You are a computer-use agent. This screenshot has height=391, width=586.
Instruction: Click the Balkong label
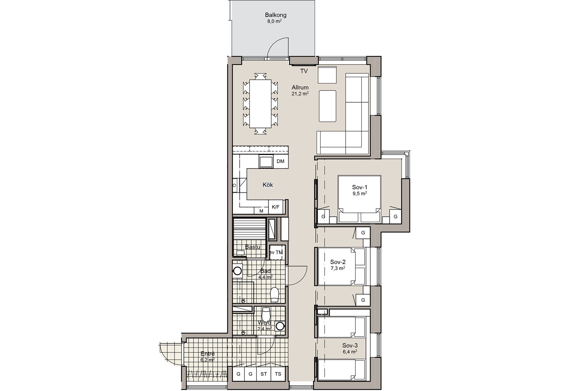point(276,15)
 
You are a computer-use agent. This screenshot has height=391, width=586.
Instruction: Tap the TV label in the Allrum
point(304,71)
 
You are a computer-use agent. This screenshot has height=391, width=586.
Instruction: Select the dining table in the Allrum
point(260,104)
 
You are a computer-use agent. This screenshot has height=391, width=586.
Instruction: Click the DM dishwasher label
point(280,161)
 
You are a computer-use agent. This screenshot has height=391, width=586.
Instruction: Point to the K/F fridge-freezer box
point(276,207)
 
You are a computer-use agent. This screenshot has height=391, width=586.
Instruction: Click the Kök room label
point(268,185)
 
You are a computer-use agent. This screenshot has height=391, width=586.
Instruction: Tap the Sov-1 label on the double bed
point(360,187)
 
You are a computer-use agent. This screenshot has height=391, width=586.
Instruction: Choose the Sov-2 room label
point(338,262)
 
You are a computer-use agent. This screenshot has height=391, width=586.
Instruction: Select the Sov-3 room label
point(350,345)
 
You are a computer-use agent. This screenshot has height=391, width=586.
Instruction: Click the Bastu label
point(253,247)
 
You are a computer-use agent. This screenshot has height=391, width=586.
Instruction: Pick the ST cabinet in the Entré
point(264,374)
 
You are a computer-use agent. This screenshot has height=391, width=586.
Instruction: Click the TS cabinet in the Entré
point(278,374)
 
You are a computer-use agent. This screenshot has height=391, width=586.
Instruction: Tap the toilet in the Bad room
point(274,294)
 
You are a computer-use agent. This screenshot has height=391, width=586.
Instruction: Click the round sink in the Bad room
point(237,271)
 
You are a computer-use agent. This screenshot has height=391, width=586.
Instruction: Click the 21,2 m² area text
point(300,93)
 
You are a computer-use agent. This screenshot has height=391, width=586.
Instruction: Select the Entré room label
point(208,354)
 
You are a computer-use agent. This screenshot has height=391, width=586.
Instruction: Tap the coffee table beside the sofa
point(327,106)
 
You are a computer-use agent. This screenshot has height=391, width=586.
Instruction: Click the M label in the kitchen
point(261,211)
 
